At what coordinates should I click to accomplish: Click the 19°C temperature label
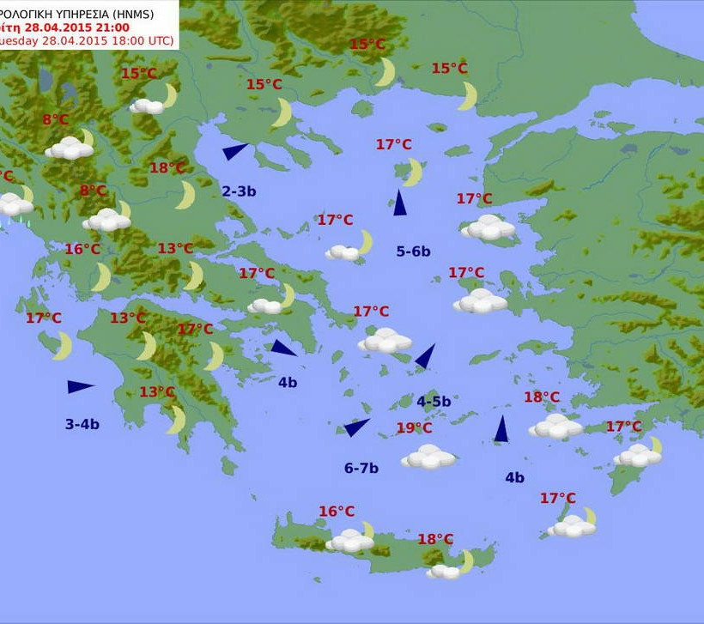point(414,427)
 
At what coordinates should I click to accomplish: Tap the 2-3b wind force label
point(239,191)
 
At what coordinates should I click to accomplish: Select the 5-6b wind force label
point(413,251)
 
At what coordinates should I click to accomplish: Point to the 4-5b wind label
point(434,401)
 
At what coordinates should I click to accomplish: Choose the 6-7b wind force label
point(361,468)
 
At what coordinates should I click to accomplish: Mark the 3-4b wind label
point(82,423)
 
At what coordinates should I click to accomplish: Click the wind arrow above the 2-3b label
point(234,152)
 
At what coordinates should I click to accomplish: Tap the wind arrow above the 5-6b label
point(399,203)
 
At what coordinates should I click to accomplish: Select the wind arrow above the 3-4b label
point(80,387)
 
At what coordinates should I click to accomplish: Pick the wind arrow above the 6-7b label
point(356,427)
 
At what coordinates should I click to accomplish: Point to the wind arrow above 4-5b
point(425,356)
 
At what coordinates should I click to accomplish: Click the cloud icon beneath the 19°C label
point(428,457)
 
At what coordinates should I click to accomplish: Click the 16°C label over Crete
point(337,512)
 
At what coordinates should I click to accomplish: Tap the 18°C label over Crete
point(435,539)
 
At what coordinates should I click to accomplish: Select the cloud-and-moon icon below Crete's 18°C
point(450,567)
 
